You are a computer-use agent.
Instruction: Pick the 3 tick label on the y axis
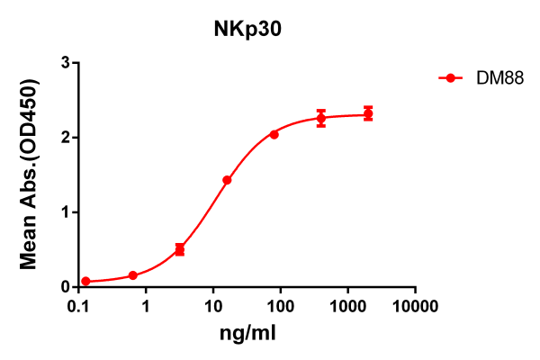(66, 63)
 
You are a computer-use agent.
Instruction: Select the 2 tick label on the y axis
(66, 138)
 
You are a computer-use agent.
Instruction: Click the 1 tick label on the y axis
(66, 212)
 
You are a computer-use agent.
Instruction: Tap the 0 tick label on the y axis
(66, 287)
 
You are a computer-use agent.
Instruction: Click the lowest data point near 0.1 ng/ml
(86, 282)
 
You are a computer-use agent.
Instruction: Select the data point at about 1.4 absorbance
(227, 180)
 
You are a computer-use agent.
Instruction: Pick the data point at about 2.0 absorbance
(274, 134)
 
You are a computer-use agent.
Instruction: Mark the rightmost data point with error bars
(368, 113)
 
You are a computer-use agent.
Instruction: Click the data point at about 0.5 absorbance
(180, 249)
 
